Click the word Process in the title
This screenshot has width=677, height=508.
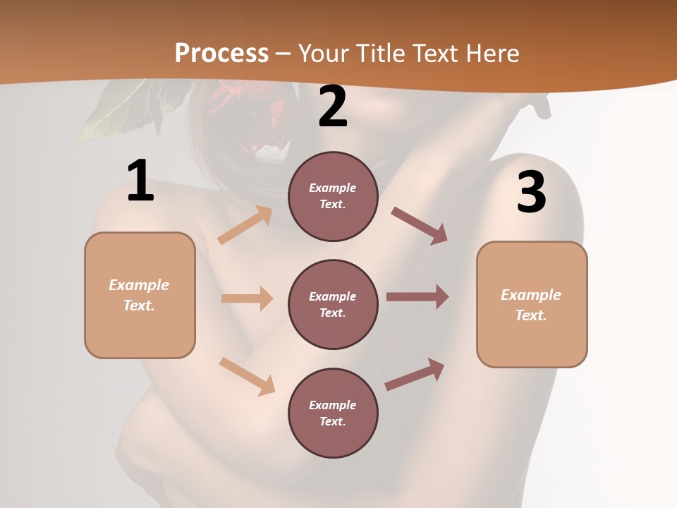(221, 53)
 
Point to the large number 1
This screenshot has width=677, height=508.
(140, 181)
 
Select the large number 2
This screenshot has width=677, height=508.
(333, 107)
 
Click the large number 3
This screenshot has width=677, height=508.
(531, 193)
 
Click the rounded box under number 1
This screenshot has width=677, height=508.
(140, 295)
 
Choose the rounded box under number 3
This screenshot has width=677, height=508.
(532, 304)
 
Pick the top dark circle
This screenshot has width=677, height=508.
(333, 196)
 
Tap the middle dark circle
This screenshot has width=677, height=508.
(333, 304)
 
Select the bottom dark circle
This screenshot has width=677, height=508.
(333, 413)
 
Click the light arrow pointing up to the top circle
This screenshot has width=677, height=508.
(245, 225)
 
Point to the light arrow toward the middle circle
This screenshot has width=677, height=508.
(247, 298)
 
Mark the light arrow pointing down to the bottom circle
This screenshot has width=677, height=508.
(247, 376)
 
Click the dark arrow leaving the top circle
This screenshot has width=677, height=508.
(420, 225)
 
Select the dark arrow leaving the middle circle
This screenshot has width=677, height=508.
(417, 297)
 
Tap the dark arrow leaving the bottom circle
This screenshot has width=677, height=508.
(415, 375)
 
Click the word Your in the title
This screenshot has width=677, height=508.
(322, 53)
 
